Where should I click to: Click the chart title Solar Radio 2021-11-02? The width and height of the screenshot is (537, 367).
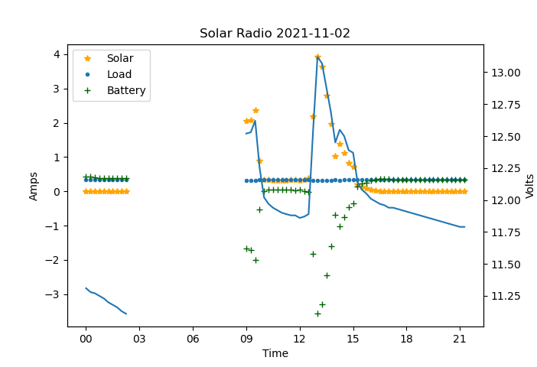coord(275,34)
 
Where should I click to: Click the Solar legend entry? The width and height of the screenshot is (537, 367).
coord(119,58)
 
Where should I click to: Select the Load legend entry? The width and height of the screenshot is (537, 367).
coord(119,75)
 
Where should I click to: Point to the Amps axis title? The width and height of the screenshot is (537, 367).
coord(34,186)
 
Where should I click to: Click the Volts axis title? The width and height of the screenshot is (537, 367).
coord(529,186)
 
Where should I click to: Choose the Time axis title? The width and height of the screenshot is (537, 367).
coord(275,353)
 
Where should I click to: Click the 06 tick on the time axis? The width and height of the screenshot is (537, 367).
coord(192,339)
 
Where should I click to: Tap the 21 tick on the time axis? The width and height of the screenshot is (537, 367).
coord(460,339)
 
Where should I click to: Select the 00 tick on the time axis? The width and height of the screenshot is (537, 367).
coord(86,339)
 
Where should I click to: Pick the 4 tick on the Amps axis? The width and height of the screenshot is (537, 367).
coord(56,54)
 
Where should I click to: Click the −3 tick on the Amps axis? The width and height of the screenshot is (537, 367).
coord(54,294)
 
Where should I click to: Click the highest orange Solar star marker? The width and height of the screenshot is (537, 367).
coord(317,57)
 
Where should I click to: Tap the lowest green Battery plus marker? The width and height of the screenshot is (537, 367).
coord(317,313)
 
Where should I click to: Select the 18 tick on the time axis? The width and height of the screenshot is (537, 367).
coord(406,339)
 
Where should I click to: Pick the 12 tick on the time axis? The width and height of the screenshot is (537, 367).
coord(299,339)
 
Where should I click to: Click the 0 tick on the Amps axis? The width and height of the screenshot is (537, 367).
coord(56,192)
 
